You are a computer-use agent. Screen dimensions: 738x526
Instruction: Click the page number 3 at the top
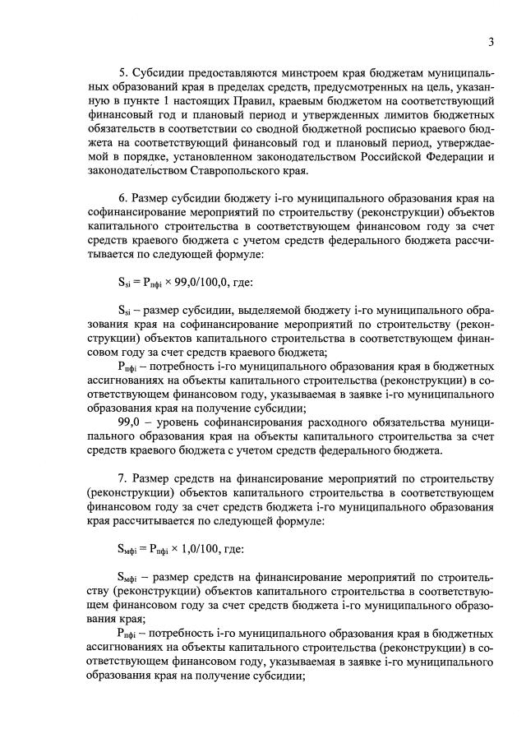(491, 42)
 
